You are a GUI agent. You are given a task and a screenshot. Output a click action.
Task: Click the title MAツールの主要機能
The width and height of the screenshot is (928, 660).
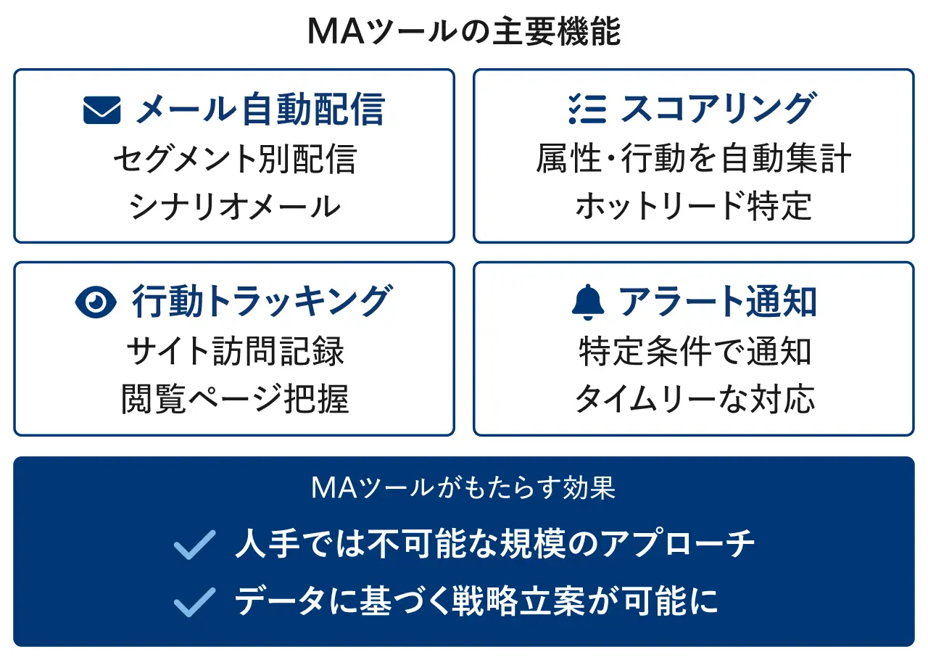(x=464, y=31)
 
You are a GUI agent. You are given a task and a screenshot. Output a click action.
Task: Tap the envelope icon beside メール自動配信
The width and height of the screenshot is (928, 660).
(x=102, y=110)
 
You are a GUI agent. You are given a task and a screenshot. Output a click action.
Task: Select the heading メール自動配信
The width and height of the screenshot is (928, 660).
(x=260, y=109)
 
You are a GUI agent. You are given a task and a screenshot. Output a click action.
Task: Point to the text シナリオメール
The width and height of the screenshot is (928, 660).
(x=234, y=206)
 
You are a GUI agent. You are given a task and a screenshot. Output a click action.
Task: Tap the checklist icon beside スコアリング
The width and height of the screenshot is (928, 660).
(x=587, y=109)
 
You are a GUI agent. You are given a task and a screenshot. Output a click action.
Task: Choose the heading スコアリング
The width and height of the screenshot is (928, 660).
(x=718, y=108)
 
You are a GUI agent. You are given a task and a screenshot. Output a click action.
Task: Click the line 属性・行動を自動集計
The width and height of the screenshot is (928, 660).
(x=694, y=158)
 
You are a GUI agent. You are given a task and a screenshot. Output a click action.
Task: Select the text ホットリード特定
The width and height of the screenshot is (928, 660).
(x=694, y=206)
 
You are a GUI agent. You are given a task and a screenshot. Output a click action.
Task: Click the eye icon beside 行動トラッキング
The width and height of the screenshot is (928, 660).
(x=96, y=302)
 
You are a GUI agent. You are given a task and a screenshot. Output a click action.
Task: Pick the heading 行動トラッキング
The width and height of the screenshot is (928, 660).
(x=262, y=300)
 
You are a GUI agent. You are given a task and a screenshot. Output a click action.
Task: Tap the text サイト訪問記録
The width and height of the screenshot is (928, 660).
(x=235, y=351)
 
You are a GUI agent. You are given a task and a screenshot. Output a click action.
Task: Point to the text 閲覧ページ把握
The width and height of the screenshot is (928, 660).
(x=235, y=399)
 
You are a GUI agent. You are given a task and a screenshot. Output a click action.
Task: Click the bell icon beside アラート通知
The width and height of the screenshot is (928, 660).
(x=588, y=302)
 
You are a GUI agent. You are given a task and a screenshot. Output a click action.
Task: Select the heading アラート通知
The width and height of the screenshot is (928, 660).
(x=717, y=302)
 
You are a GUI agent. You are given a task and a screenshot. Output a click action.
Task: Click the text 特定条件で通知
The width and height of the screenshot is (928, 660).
(x=695, y=351)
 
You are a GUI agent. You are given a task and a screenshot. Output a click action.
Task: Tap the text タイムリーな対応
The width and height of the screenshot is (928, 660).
(x=695, y=398)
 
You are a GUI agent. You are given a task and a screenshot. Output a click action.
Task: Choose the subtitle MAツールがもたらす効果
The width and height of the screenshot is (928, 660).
(x=463, y=488)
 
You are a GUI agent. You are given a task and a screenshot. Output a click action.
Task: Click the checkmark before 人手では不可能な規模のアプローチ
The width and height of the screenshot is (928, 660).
(x=195, y=545)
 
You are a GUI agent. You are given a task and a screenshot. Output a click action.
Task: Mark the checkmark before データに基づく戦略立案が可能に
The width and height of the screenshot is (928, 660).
(x=195, y=603)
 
